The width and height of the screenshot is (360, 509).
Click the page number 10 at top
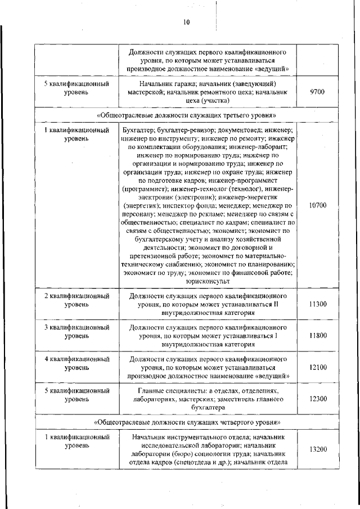coord(187,22)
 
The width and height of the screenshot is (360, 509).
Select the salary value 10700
coord(317,205)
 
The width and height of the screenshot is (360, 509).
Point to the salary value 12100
coord(317,367)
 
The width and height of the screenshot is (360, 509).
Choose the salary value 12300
coord(317,398)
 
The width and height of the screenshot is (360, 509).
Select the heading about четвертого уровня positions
coord(187,421)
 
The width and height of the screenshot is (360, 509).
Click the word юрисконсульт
coord(208,281)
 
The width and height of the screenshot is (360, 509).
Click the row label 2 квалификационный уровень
coord(76,299)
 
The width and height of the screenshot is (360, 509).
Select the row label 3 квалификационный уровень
coord(76,331)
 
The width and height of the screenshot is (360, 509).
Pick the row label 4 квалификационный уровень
coord(76,363)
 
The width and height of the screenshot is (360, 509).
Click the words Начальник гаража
coord(151,84)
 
